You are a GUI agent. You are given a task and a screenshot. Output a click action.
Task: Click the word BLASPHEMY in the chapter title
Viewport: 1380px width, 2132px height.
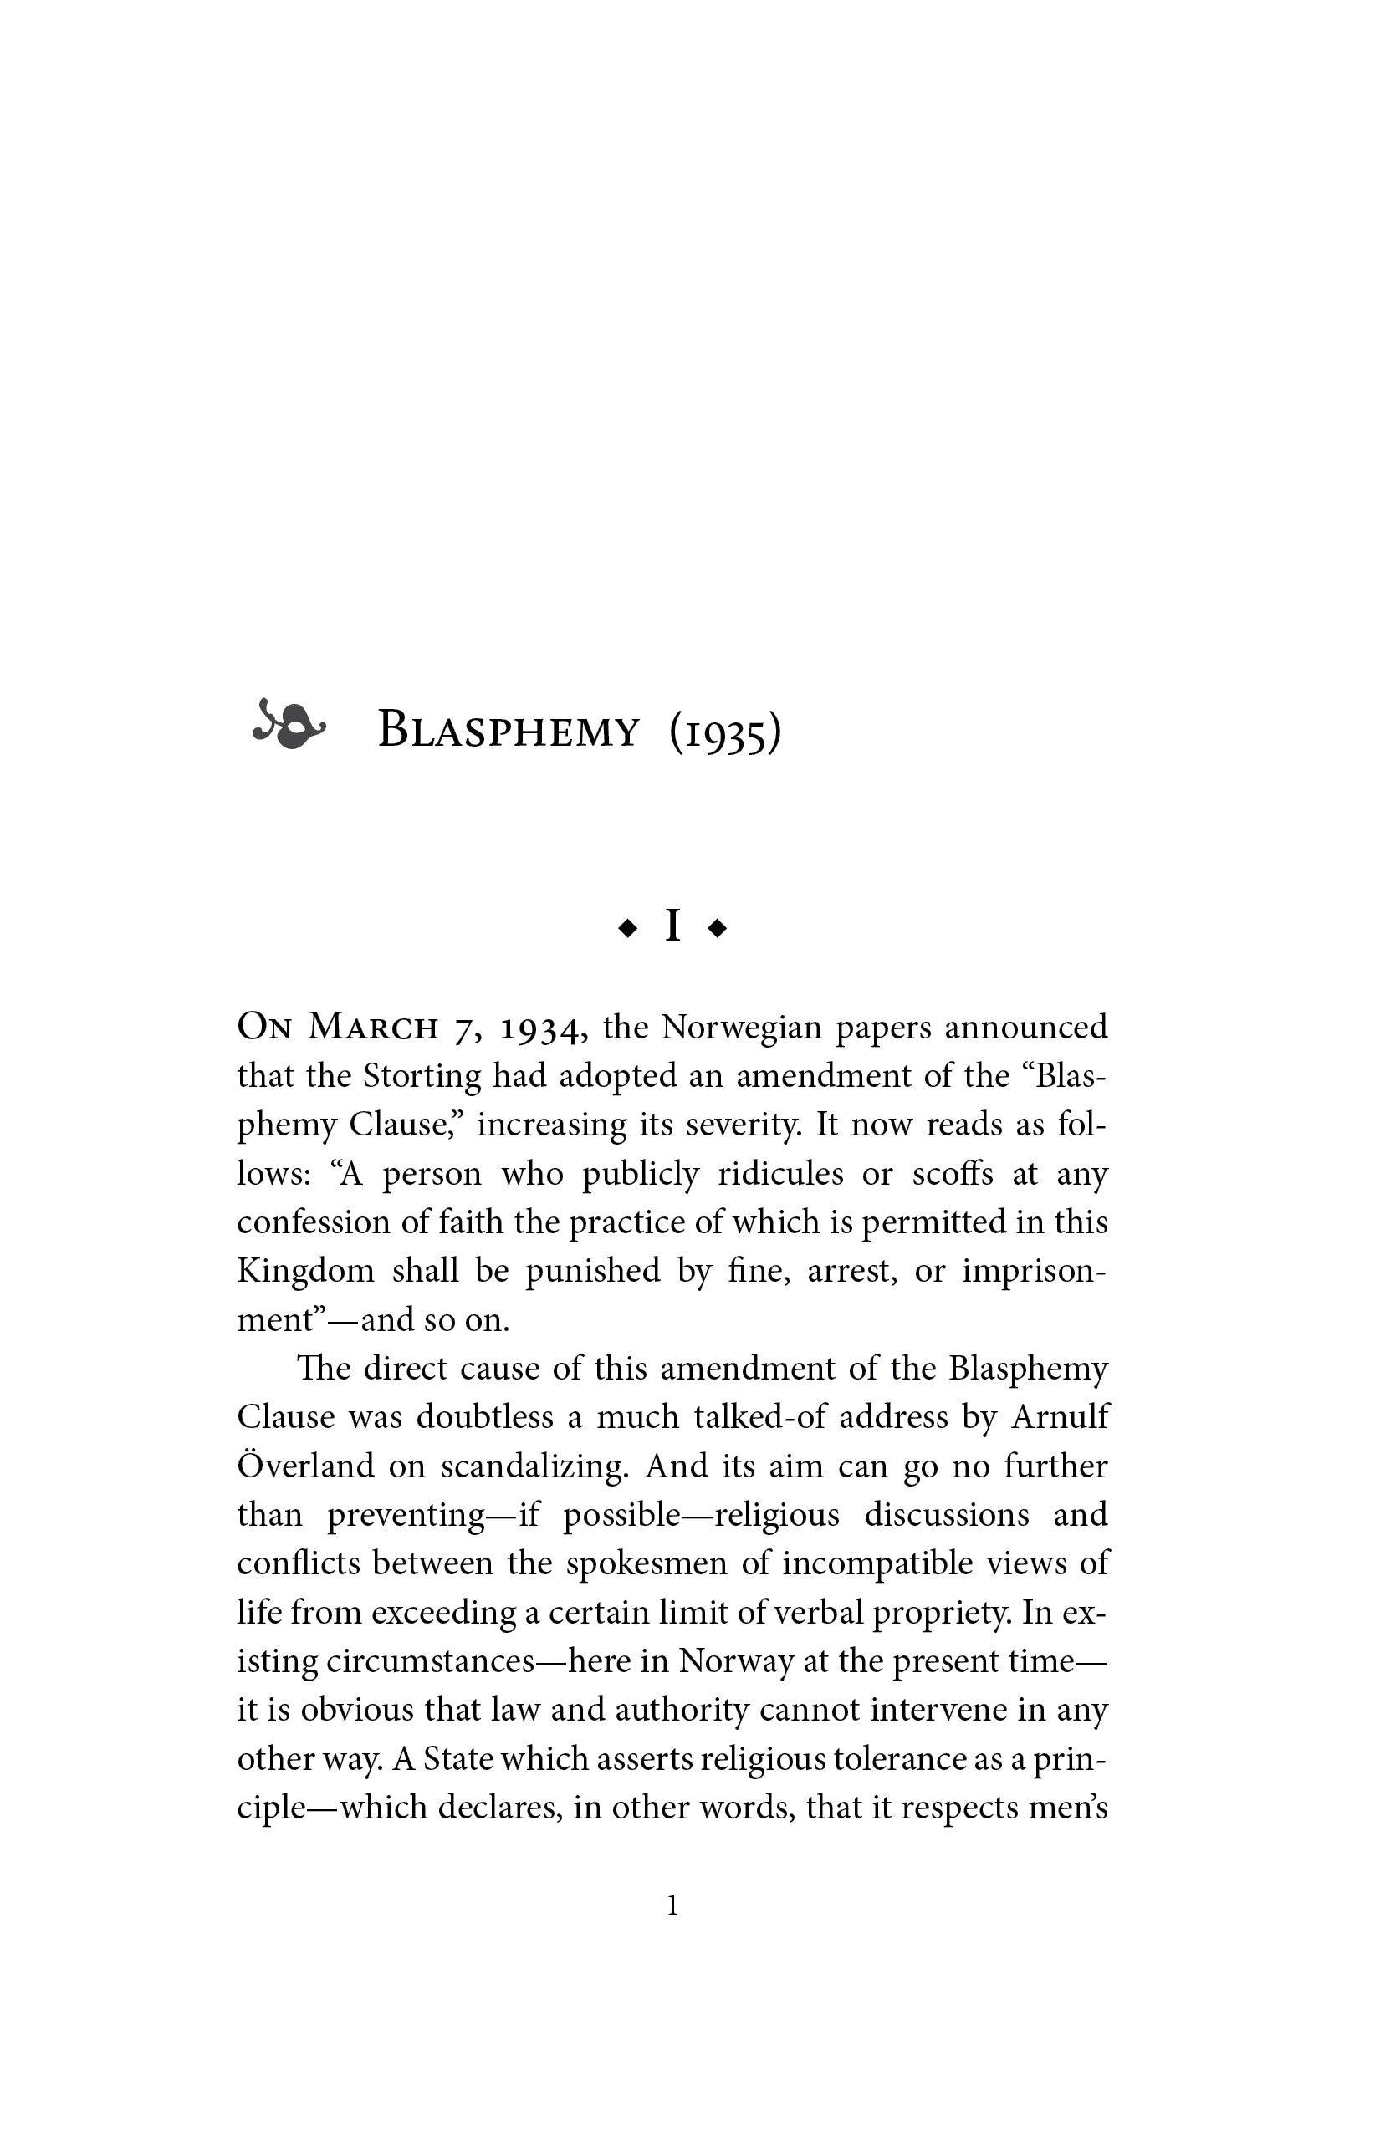pos(509,730)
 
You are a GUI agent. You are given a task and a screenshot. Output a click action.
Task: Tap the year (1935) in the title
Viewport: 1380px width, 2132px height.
pos(725,732)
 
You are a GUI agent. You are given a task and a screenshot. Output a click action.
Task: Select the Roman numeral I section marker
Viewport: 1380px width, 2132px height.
pos(672,927)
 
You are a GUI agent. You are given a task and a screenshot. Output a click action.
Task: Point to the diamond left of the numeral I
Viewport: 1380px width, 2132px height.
pos(627,930)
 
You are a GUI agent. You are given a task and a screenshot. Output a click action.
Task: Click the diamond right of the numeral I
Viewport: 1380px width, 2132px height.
pos(717,930)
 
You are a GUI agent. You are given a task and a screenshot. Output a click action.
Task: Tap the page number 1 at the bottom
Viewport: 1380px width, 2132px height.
pos(673,1905)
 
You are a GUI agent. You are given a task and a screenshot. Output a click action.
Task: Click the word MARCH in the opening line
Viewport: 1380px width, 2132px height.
pos(373,1028)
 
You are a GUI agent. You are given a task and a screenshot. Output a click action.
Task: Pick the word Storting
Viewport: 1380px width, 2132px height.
pos(422,1076)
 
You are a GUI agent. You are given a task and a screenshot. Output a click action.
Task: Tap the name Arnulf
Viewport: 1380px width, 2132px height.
pos(1061,1417)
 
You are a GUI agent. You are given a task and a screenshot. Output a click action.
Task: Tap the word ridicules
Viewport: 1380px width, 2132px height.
pos(780,1174)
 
